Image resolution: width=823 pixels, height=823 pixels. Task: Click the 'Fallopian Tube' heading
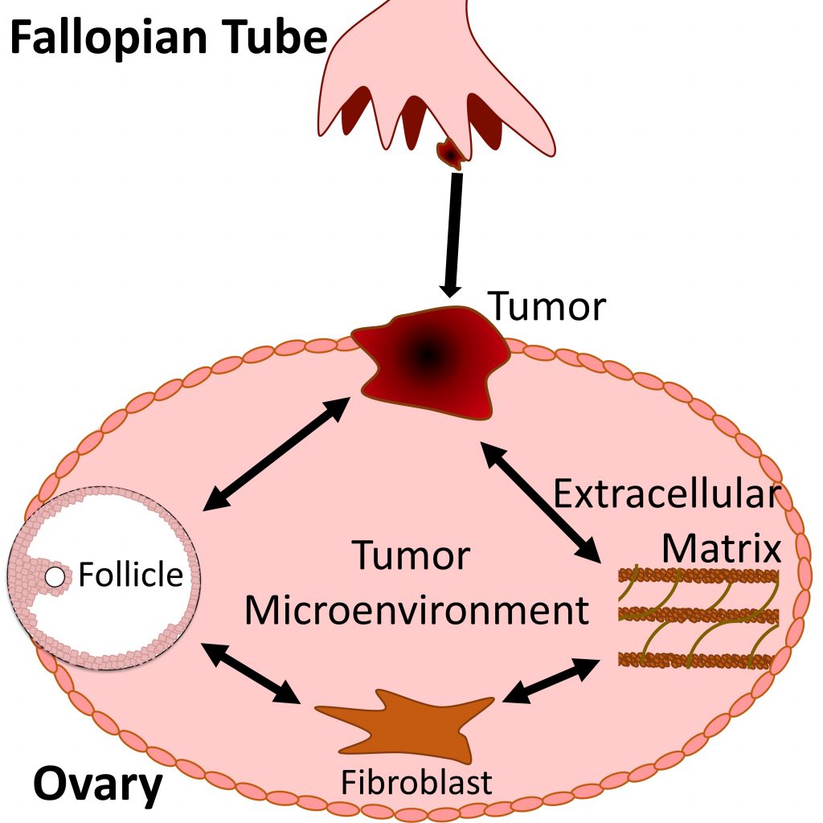168,38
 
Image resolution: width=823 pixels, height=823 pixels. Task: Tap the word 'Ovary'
97,785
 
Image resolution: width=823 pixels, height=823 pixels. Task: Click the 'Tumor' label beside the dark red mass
547,306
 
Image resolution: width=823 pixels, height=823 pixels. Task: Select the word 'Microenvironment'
416,610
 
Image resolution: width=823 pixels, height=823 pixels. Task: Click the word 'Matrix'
721,549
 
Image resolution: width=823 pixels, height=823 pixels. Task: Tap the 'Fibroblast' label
416,781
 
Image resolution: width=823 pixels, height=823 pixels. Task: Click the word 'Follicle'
131,575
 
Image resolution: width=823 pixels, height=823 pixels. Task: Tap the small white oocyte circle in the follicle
55,576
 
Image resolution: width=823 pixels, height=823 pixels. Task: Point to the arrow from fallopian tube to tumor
452,234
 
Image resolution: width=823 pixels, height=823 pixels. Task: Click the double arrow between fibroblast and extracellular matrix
550,682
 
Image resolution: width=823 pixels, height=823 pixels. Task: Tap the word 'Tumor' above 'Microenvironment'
411,556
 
